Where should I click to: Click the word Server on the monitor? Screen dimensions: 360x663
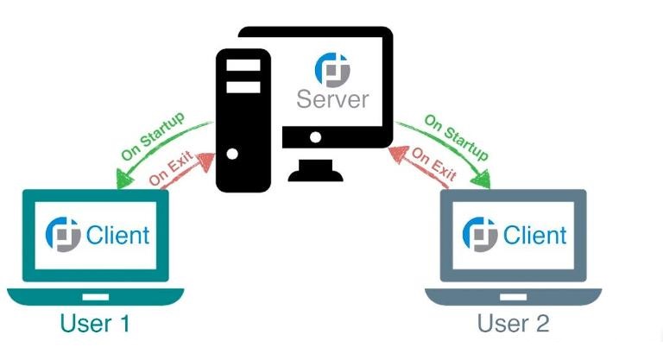coord(332,98)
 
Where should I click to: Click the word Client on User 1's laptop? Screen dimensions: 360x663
coord(117,235)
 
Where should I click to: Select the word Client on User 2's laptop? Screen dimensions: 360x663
coord(534,235)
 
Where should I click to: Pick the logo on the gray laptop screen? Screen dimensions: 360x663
coord(480,234)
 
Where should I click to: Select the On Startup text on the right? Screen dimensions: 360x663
coord(454,134)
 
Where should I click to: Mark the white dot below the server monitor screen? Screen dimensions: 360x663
coord(316,137)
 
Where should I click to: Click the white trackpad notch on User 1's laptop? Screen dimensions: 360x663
coord(95,296)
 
